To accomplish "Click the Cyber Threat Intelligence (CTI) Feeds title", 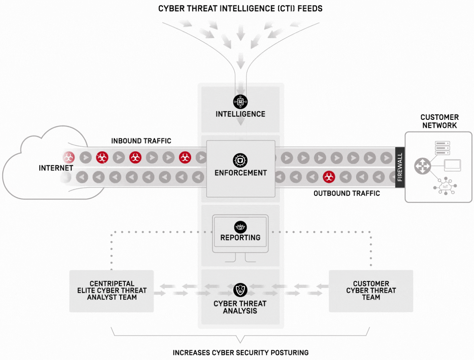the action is click(x=240, y=9).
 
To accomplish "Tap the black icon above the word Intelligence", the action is click(x=240, y=102).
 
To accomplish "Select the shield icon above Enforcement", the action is click(x=240, y=160).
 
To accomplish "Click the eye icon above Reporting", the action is click(x=240, y=227).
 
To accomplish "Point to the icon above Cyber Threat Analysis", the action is click(x=240, y=290).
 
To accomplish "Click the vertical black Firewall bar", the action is click(x=400, y=167).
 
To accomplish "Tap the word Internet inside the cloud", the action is click(x=56, y=168).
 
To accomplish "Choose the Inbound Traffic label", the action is click(x=141, y=141).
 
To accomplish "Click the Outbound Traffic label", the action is click(x=347, y=193).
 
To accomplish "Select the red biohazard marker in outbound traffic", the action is click(x=329, y=177).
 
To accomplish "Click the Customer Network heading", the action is click(x=440, y=121).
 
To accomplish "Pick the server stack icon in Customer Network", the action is click(x=443, y=148).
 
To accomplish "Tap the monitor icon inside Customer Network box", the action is click(x=453, y=165).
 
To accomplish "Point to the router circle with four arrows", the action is click(x=422, y=166).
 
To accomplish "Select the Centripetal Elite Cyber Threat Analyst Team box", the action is click(x=111, y=291).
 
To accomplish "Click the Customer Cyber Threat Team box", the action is click(x=371, y=291).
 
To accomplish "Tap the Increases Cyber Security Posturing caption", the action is click(x=240, y=353).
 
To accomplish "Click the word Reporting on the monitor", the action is click(x=240, y=237).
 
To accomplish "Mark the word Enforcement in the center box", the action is click(x=240, y=173).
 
